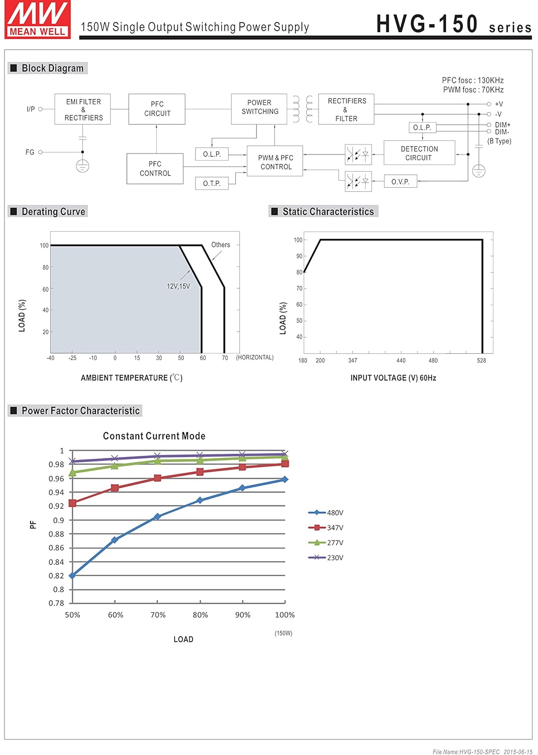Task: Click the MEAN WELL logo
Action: coord(38,19)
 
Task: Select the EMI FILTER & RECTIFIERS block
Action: coord(83,109)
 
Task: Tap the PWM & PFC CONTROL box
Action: coord(275,162)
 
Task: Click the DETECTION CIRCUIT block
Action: coord(419,153)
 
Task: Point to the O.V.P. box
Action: coord(400,182)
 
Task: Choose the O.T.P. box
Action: coord(212,183)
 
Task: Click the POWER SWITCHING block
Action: coord(259,107)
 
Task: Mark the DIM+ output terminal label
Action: coord(502,125)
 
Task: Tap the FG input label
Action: coord(30,152)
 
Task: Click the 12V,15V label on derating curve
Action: coord(178,286)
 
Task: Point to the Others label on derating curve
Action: coord(220,245)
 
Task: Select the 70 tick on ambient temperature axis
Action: coord(225,358)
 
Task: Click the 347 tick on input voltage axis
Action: coord(352,361)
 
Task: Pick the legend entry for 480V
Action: coord(326,513)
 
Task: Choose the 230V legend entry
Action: coord(326,558)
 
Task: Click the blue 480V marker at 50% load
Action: coord(72,575)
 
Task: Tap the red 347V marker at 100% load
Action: coord(285,464)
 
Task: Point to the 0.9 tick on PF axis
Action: coord(59,520)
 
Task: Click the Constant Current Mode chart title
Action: coord(154,436)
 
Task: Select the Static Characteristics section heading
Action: coord(328,212)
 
